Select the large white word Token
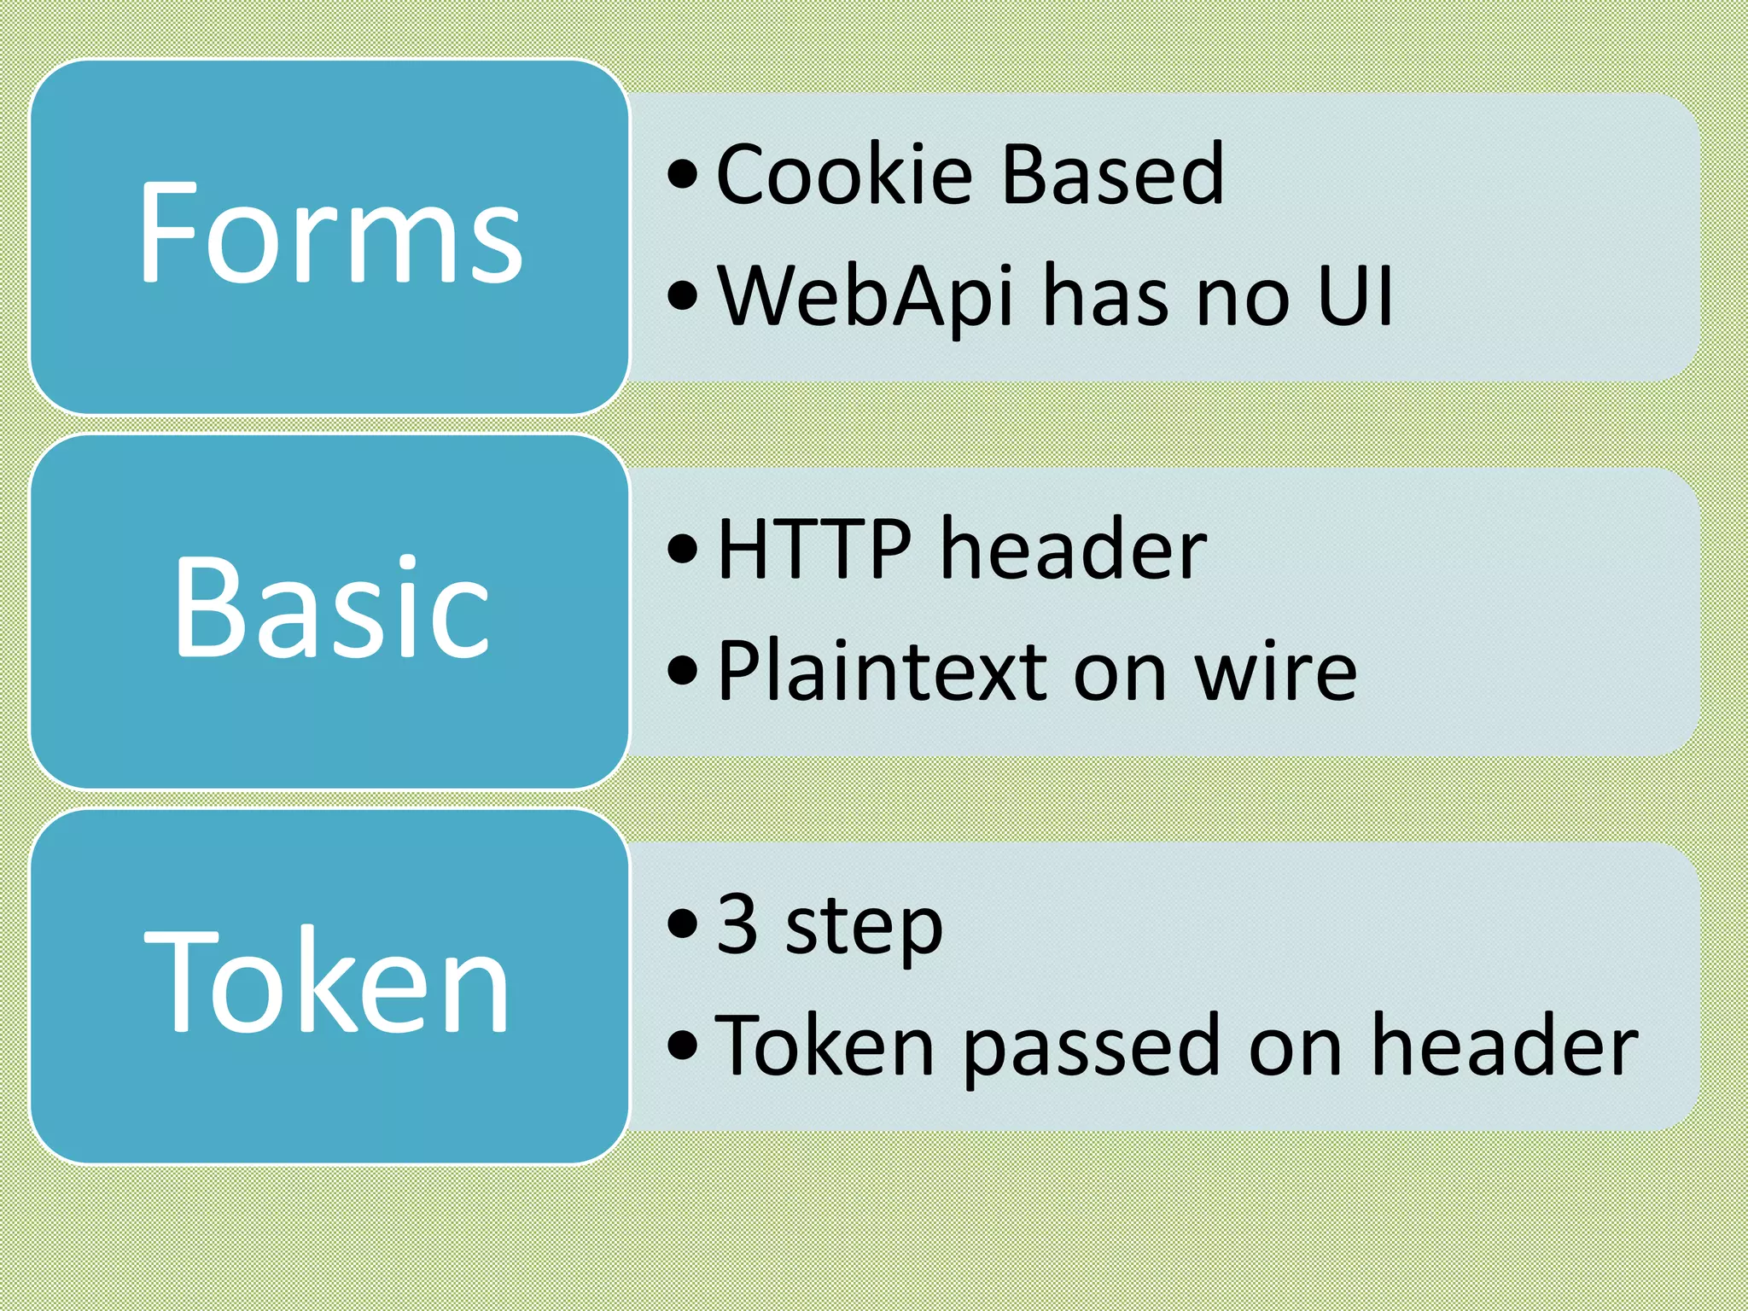pos(328,982)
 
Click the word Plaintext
pos(882,673)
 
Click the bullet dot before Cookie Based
pos(683,175)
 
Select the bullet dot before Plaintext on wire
pos(683,671)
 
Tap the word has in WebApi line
pos(1106,296)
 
